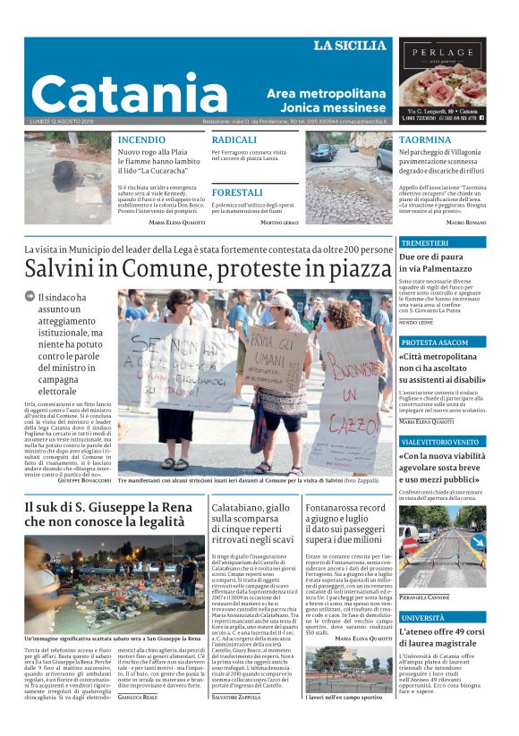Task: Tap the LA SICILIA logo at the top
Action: coord(350,46)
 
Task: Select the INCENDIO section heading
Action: coord(141,140)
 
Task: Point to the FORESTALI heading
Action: coord(237,192)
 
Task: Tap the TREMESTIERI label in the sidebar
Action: coord(425,243)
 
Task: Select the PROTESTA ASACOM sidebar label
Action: coord(435,343)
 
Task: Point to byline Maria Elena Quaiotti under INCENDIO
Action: coord(176,221)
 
